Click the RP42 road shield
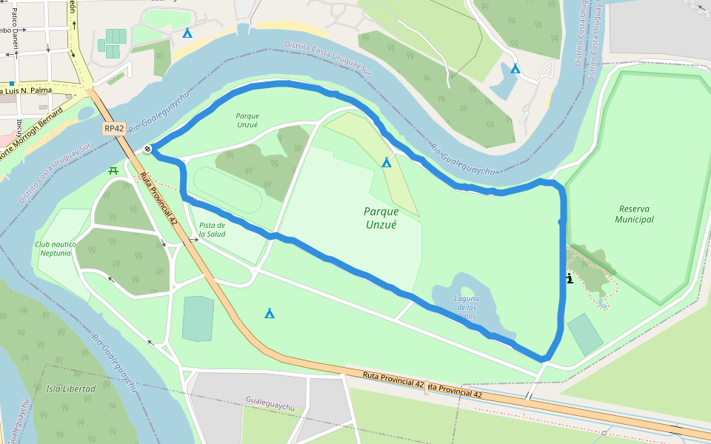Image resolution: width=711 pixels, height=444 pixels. coord(113,129)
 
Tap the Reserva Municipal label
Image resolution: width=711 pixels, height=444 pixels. coord(635,214)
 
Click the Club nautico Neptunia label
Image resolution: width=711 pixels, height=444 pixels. coord(53,248)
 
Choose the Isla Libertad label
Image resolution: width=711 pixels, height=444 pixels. coord(71,388)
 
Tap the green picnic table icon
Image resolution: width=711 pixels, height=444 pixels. coord(113,171)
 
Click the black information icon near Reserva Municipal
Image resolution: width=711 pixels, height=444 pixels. coord(569,279)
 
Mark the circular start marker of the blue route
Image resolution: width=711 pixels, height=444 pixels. coord(148,149)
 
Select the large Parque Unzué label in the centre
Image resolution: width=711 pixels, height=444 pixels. coord(381,218)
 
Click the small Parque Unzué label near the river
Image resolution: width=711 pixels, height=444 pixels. coord(247,120)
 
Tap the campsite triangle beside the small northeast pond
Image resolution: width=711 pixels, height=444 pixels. coord(515,69)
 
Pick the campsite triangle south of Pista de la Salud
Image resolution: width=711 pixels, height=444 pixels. coord(270,314)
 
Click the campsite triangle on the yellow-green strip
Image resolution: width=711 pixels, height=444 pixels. coord(386,163)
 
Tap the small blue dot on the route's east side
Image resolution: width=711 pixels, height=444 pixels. coord(561,221)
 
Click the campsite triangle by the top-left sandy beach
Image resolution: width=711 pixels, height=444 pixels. coord(187,33)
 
